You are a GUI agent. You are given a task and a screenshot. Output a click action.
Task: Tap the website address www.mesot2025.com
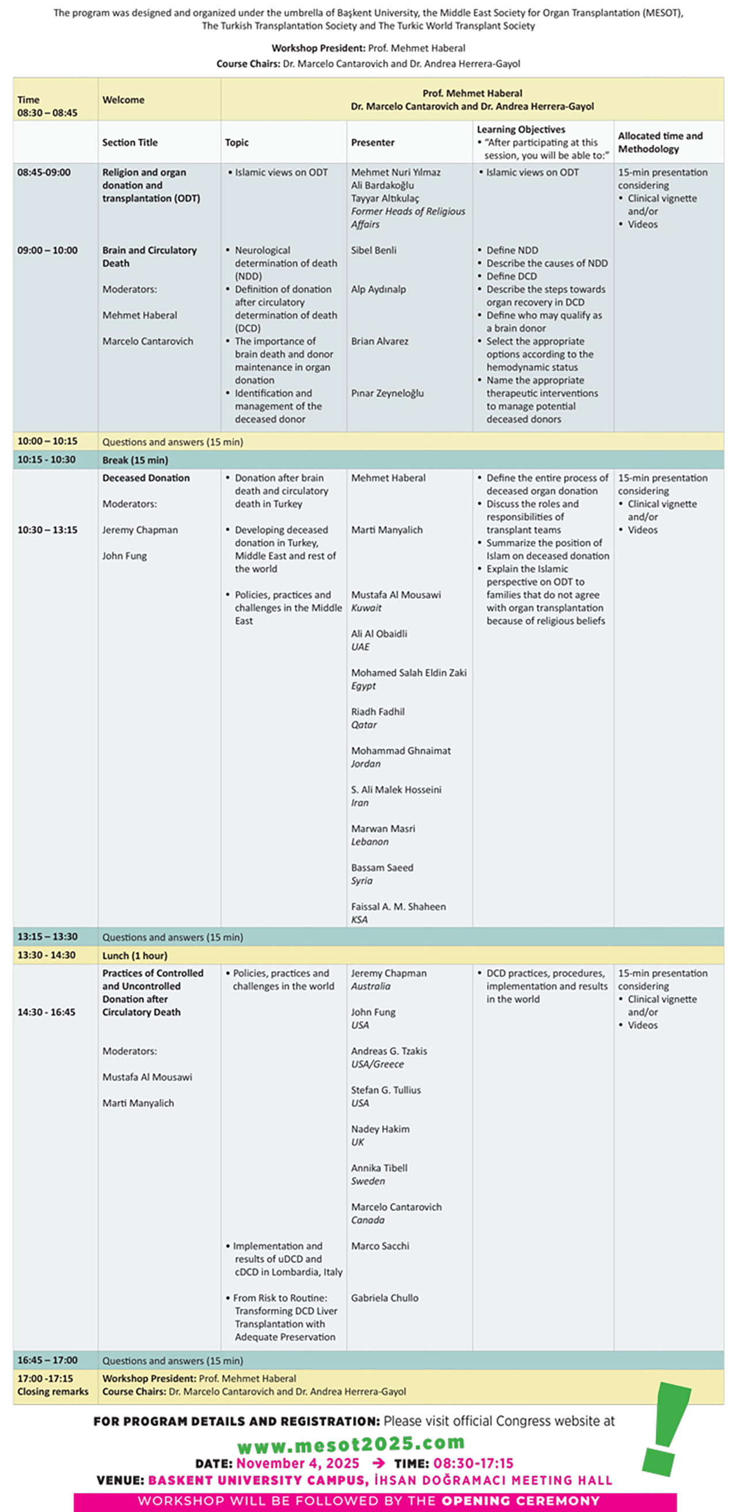351,1443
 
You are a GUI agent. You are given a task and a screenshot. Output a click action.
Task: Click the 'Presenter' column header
373,142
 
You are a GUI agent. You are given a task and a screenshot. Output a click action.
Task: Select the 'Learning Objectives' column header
521,130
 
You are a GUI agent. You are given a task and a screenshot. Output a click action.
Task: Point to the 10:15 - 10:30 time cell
47,459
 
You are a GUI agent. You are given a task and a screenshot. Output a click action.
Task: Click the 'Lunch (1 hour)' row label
134,956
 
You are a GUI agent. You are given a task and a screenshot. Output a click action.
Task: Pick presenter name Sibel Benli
374,250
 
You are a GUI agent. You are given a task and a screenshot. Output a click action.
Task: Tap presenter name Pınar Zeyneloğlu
388,393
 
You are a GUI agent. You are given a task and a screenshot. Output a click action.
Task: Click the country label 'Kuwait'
366,608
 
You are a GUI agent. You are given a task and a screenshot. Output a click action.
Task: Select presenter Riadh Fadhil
378,712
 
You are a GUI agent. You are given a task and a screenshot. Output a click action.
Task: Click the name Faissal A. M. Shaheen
398,906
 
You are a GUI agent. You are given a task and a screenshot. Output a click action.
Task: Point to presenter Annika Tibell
379,1168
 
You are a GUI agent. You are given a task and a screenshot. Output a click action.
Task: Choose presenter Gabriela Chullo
385,1298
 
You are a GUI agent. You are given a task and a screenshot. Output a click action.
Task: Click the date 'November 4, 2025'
298,1463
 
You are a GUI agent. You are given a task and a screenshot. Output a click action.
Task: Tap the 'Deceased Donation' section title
146,478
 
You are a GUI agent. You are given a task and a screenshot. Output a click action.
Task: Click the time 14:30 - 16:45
47,1012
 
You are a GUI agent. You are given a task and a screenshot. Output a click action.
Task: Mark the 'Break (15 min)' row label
135,460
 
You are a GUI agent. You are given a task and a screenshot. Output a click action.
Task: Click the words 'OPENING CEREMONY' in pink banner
521,1501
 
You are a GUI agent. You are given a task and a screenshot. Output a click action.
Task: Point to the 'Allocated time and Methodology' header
660,142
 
